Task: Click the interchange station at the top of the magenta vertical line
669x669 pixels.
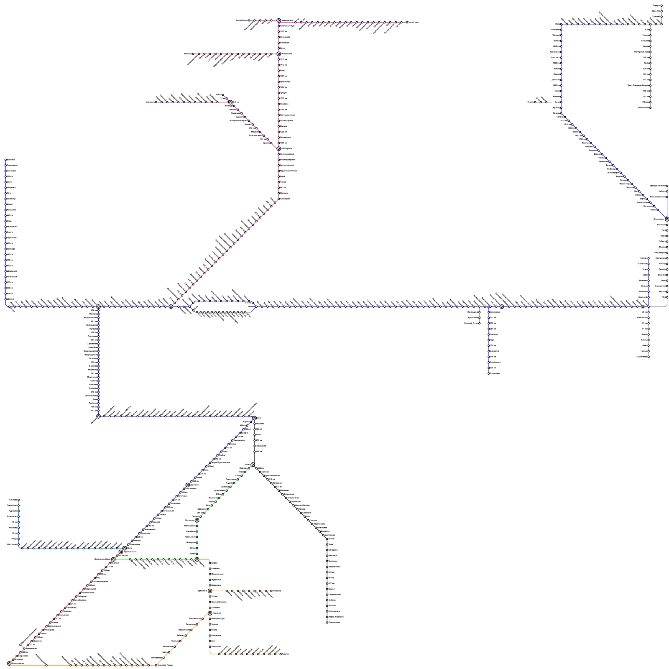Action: (x=278, y=20)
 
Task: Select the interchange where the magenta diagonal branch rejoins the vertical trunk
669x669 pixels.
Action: (x=278, y=148)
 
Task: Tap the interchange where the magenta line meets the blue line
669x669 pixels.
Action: (x=171, y=306)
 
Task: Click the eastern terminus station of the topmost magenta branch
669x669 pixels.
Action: (x=407, y=22)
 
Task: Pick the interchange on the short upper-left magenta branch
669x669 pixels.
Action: (x=230, y=102)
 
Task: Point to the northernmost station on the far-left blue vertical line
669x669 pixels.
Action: (x=5, y=160)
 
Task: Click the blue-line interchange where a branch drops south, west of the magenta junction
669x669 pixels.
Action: (x=98, y=306)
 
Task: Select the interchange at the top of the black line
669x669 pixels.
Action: (x=254, y=418)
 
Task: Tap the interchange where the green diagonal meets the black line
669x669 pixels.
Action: (x=253, y=465)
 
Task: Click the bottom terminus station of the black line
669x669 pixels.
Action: (x=327, y=623)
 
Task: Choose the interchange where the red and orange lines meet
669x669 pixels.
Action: (x=9, y=663)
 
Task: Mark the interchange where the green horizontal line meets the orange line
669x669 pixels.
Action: (x=197, y=559)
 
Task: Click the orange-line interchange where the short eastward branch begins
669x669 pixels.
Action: (x=210, y=591)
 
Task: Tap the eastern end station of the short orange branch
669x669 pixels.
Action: (x=271, y=591)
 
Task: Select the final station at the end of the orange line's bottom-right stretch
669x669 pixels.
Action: (x=281, y=654)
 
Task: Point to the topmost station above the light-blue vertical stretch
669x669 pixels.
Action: (x=18, y=500)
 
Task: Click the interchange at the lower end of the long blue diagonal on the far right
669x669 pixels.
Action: (x=667, y=219)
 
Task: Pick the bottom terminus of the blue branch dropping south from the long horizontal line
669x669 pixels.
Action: (x=489, y=373)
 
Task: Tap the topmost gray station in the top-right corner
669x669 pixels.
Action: (x=661, y=5)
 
